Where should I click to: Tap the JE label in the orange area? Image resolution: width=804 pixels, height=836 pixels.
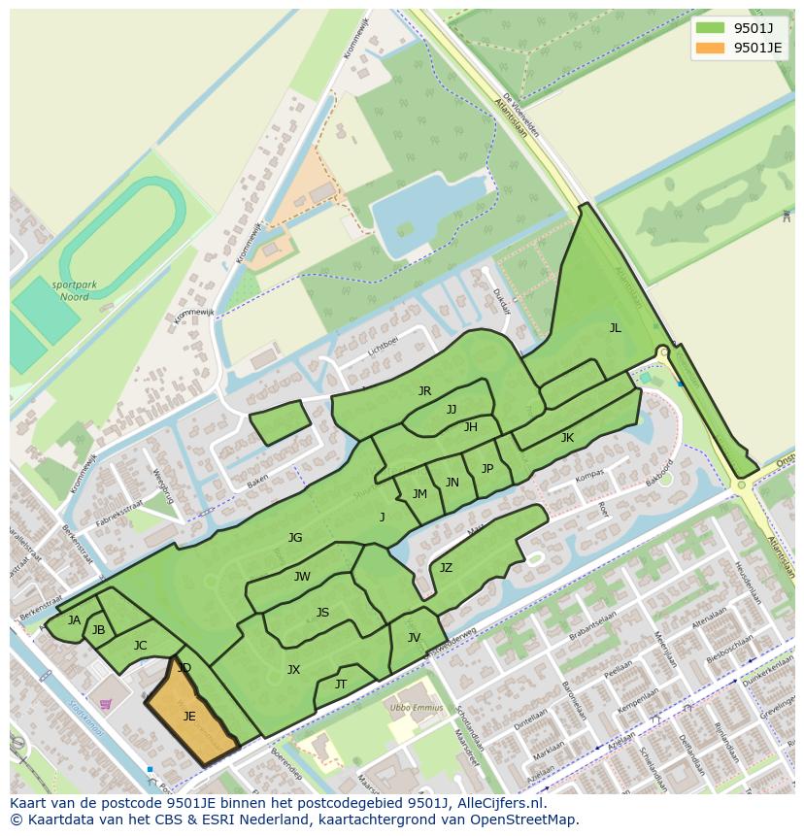click(189, 717)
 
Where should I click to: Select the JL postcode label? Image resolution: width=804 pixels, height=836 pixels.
click(615, 328)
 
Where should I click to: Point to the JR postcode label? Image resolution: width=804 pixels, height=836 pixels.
click(424, 391)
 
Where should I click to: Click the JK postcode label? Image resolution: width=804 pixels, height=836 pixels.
click(567, 438)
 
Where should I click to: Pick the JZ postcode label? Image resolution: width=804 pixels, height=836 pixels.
click(446, 568)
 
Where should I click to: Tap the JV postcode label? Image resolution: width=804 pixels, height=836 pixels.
click(414, 638)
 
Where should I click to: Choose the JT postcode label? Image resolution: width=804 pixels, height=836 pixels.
click(341, 685)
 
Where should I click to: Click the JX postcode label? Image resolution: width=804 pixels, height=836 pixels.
click(293, 669)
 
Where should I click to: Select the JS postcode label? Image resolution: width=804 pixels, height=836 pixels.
click(322, 613)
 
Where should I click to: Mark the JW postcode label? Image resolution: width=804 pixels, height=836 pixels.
click(302, 577)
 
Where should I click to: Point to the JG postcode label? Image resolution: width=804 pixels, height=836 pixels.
click(295, 538)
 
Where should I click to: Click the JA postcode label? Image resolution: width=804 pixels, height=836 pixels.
click(74, 620)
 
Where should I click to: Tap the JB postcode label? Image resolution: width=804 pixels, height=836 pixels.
click(98, 630)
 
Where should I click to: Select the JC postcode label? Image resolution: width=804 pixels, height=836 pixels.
click(140, 646)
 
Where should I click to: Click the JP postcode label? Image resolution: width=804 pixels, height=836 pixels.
click(487, 469)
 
